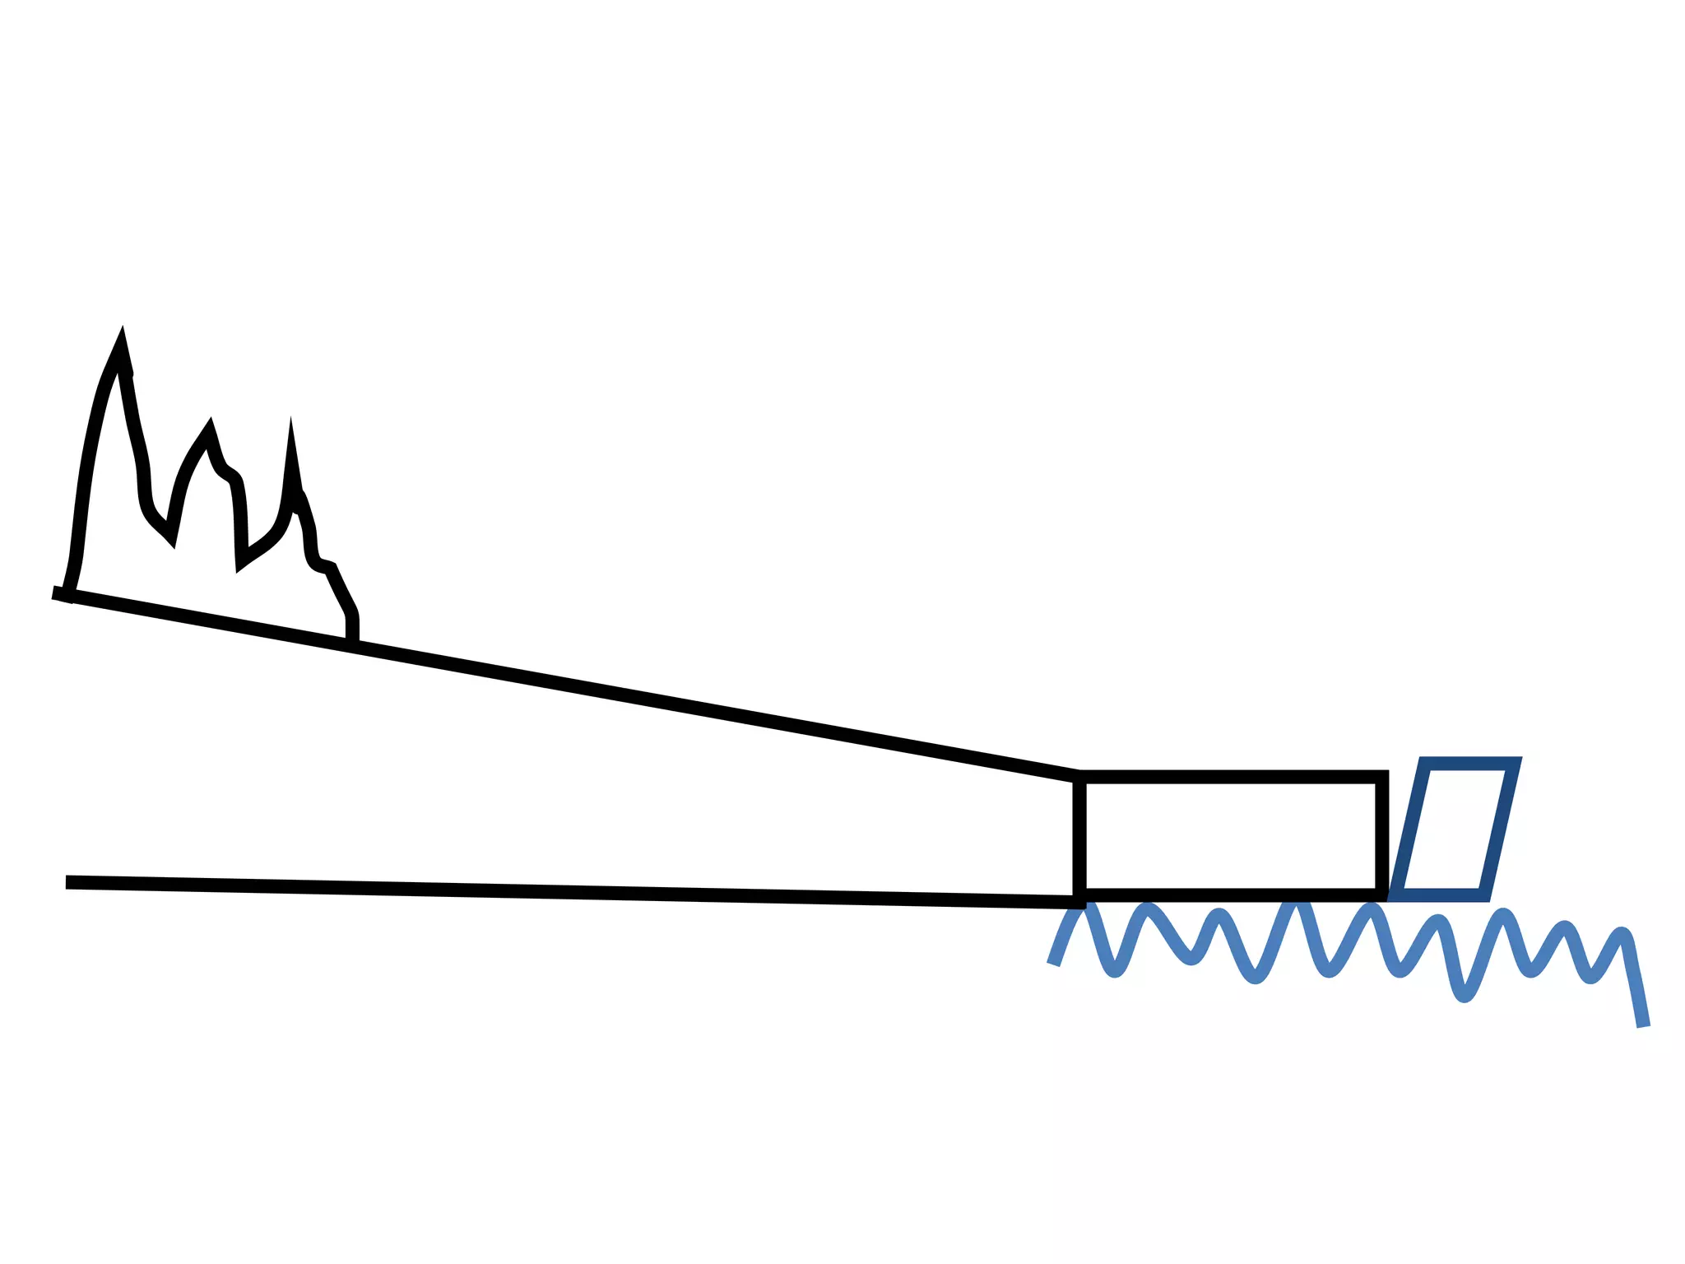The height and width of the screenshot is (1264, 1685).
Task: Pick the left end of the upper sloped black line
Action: pyautogui.click(x=54, y=592)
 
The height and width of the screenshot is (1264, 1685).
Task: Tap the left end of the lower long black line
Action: pyautogui.click(x=67, y=882)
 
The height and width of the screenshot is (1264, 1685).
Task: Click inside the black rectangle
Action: pyautogui.click(x=1230, y=836)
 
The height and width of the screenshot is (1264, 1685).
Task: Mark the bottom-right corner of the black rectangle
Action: pyautogui.click(x=1383, y=895)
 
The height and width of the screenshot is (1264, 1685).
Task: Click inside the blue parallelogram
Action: pyautogui.click(x=1455, y=829)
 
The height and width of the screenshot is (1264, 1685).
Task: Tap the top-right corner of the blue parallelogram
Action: pyautogui.click(x=1515, y=763)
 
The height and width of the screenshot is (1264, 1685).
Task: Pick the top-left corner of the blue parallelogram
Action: pyautogui.click(x=1426, y=763)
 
